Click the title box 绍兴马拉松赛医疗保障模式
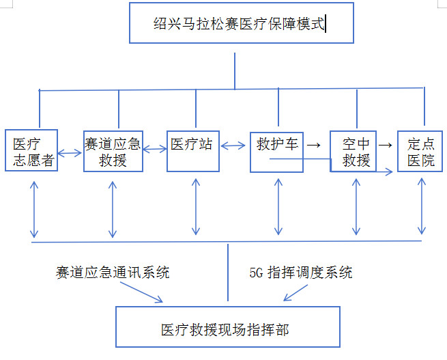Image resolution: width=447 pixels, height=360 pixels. tap(241, 24)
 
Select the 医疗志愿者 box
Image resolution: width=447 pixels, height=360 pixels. tap(31, 152)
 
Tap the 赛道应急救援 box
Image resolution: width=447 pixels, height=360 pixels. tap(113, 152)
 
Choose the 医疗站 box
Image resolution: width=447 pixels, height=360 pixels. tap(193, 146)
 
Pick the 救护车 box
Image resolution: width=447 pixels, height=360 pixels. tap(276, 150)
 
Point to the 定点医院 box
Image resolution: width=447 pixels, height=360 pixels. tap(420, 152)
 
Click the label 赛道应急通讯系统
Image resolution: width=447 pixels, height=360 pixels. tap(113, 273)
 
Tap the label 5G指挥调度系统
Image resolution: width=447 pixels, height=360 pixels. tap(300, 273)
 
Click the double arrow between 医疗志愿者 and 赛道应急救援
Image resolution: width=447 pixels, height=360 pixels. tap(70, 153)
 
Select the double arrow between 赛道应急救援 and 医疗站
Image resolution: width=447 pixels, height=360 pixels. tap(155, 148)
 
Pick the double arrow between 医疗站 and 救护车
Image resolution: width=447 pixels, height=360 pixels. tap(234, 146)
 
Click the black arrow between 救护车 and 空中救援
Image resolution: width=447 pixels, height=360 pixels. tap(313, 145)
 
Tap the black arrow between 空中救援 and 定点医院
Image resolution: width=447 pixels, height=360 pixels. tap(385, 145)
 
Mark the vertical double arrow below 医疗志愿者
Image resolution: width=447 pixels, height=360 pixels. tap(33, 210)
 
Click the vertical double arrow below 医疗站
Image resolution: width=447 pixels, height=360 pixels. tap(196, 206)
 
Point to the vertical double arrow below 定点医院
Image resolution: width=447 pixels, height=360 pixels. tap(422, 205)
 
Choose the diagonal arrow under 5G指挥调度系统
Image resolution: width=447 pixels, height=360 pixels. tap(298, 292)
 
